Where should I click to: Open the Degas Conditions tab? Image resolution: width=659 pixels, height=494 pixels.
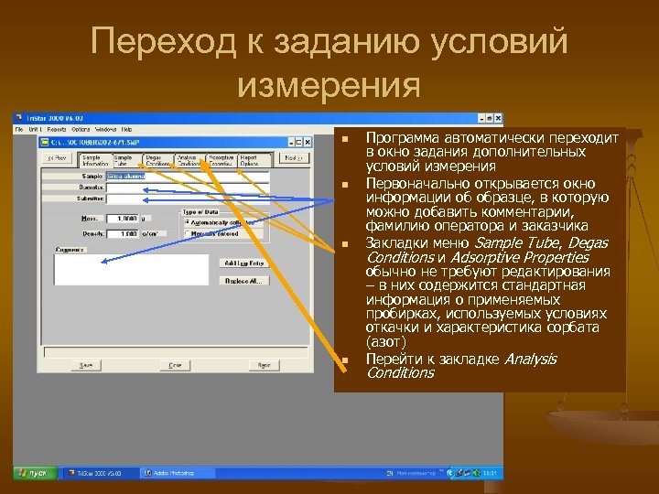[x=157, y=158]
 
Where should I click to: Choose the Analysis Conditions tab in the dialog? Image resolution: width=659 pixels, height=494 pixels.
[x=189, y=158]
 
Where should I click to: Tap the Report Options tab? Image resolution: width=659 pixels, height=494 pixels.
[x=248, y=158]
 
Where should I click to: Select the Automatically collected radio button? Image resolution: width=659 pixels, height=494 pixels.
[x=188, y=222]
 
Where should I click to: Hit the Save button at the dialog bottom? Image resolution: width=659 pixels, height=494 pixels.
[x=86, y=364]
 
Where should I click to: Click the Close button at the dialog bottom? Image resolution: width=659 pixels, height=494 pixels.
[x=173, y=364]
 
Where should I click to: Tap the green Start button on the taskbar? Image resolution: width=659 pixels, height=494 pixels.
[x=35, y=473]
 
